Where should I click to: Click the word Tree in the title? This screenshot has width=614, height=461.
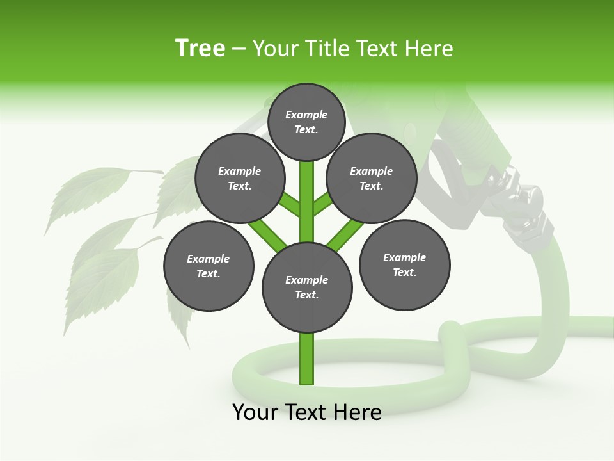coord(200,49)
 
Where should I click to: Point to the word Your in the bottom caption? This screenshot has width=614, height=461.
coord(255,412)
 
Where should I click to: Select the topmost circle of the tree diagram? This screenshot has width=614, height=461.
coord(306,122)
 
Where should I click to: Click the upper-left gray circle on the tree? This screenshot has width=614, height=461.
coord(240,179)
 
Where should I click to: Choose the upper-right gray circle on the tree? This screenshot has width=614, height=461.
coord(372,179)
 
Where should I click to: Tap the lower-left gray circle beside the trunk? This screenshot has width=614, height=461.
coord(209,266)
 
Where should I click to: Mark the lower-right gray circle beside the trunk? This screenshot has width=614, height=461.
coord(404,264)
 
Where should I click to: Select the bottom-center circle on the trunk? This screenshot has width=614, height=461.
coord(307,287)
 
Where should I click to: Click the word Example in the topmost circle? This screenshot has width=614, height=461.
coord(306,115)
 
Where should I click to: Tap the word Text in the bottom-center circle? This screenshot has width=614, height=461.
coord(306,295)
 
